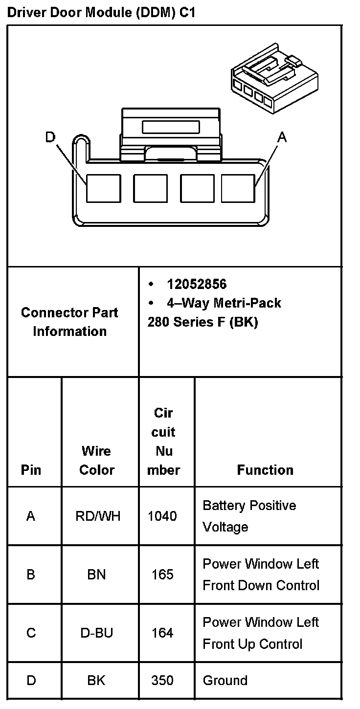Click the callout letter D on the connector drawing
pos(50,137)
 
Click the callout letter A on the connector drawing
pos(282,137)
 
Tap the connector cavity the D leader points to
pos(103,188)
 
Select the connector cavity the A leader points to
pos(238,188)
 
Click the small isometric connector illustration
pos(275,80)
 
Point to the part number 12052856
pos(197,285)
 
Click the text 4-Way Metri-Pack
pos(224,303)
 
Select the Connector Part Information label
pos(69,322)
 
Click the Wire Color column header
pos(96,460)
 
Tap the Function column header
pos(265,470)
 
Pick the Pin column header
pos(31,470)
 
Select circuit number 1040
pos(162,516)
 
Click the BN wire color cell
pos(96,575)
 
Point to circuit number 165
pos(162,575)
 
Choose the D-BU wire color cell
pos(96,633)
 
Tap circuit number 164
pos(162,633)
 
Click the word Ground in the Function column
pos(225,681)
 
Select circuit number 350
pos(162,681)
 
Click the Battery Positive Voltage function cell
pos(249,516)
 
